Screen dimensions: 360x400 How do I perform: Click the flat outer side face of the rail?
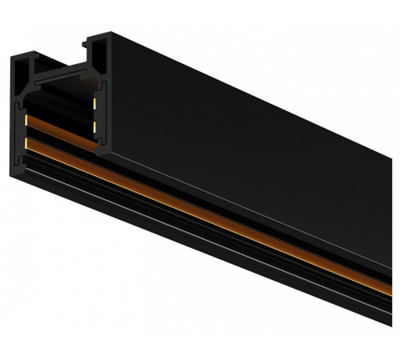(x=256, y=120)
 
